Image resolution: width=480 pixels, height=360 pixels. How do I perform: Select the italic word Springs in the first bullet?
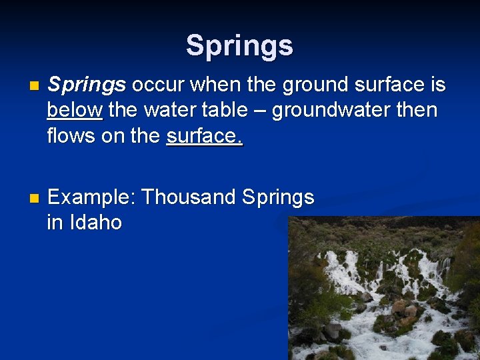(87, 85)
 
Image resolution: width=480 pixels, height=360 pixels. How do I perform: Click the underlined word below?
(75, 110)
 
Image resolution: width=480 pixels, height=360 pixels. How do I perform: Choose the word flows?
(71, 135)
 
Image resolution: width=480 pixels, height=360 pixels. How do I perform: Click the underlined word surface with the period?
(205, 135)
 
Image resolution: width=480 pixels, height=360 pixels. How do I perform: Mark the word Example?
(91, 197)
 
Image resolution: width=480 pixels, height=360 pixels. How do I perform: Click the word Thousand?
(189, 197)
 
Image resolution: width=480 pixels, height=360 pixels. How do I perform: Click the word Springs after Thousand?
(278, 197)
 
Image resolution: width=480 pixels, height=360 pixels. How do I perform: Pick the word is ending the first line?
(437, 85)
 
